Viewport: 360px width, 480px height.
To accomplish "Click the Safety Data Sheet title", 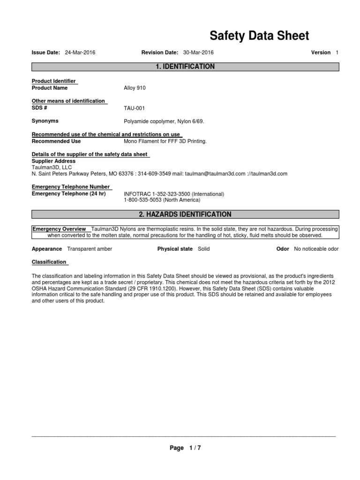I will (x=259, y=36).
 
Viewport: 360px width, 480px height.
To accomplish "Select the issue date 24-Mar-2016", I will (x=80, y=52).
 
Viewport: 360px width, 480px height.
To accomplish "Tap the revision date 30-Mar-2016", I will (x=199, y=52).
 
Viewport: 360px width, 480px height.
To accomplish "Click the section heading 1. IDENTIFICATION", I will (x=185, y=67).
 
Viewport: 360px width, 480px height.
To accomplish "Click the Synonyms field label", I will (x=45, y=121).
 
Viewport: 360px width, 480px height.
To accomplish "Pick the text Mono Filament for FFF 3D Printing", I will (x=165, y=141).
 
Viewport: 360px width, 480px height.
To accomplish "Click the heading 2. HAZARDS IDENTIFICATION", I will (x=185, y=215).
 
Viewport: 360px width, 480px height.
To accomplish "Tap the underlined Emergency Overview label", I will (x=59, y=229).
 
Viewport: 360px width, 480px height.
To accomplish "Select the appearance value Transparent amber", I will (x=90, y=249).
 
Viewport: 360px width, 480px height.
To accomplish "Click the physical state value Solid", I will (x=204, y=249).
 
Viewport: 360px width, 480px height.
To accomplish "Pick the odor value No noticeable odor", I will (x=316, y=249).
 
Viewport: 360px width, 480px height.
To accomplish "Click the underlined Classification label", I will (x=49, y=262).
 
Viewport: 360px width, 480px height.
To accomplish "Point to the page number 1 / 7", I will (x=195, y=448).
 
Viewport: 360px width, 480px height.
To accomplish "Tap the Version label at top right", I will (x=321, y=52).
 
